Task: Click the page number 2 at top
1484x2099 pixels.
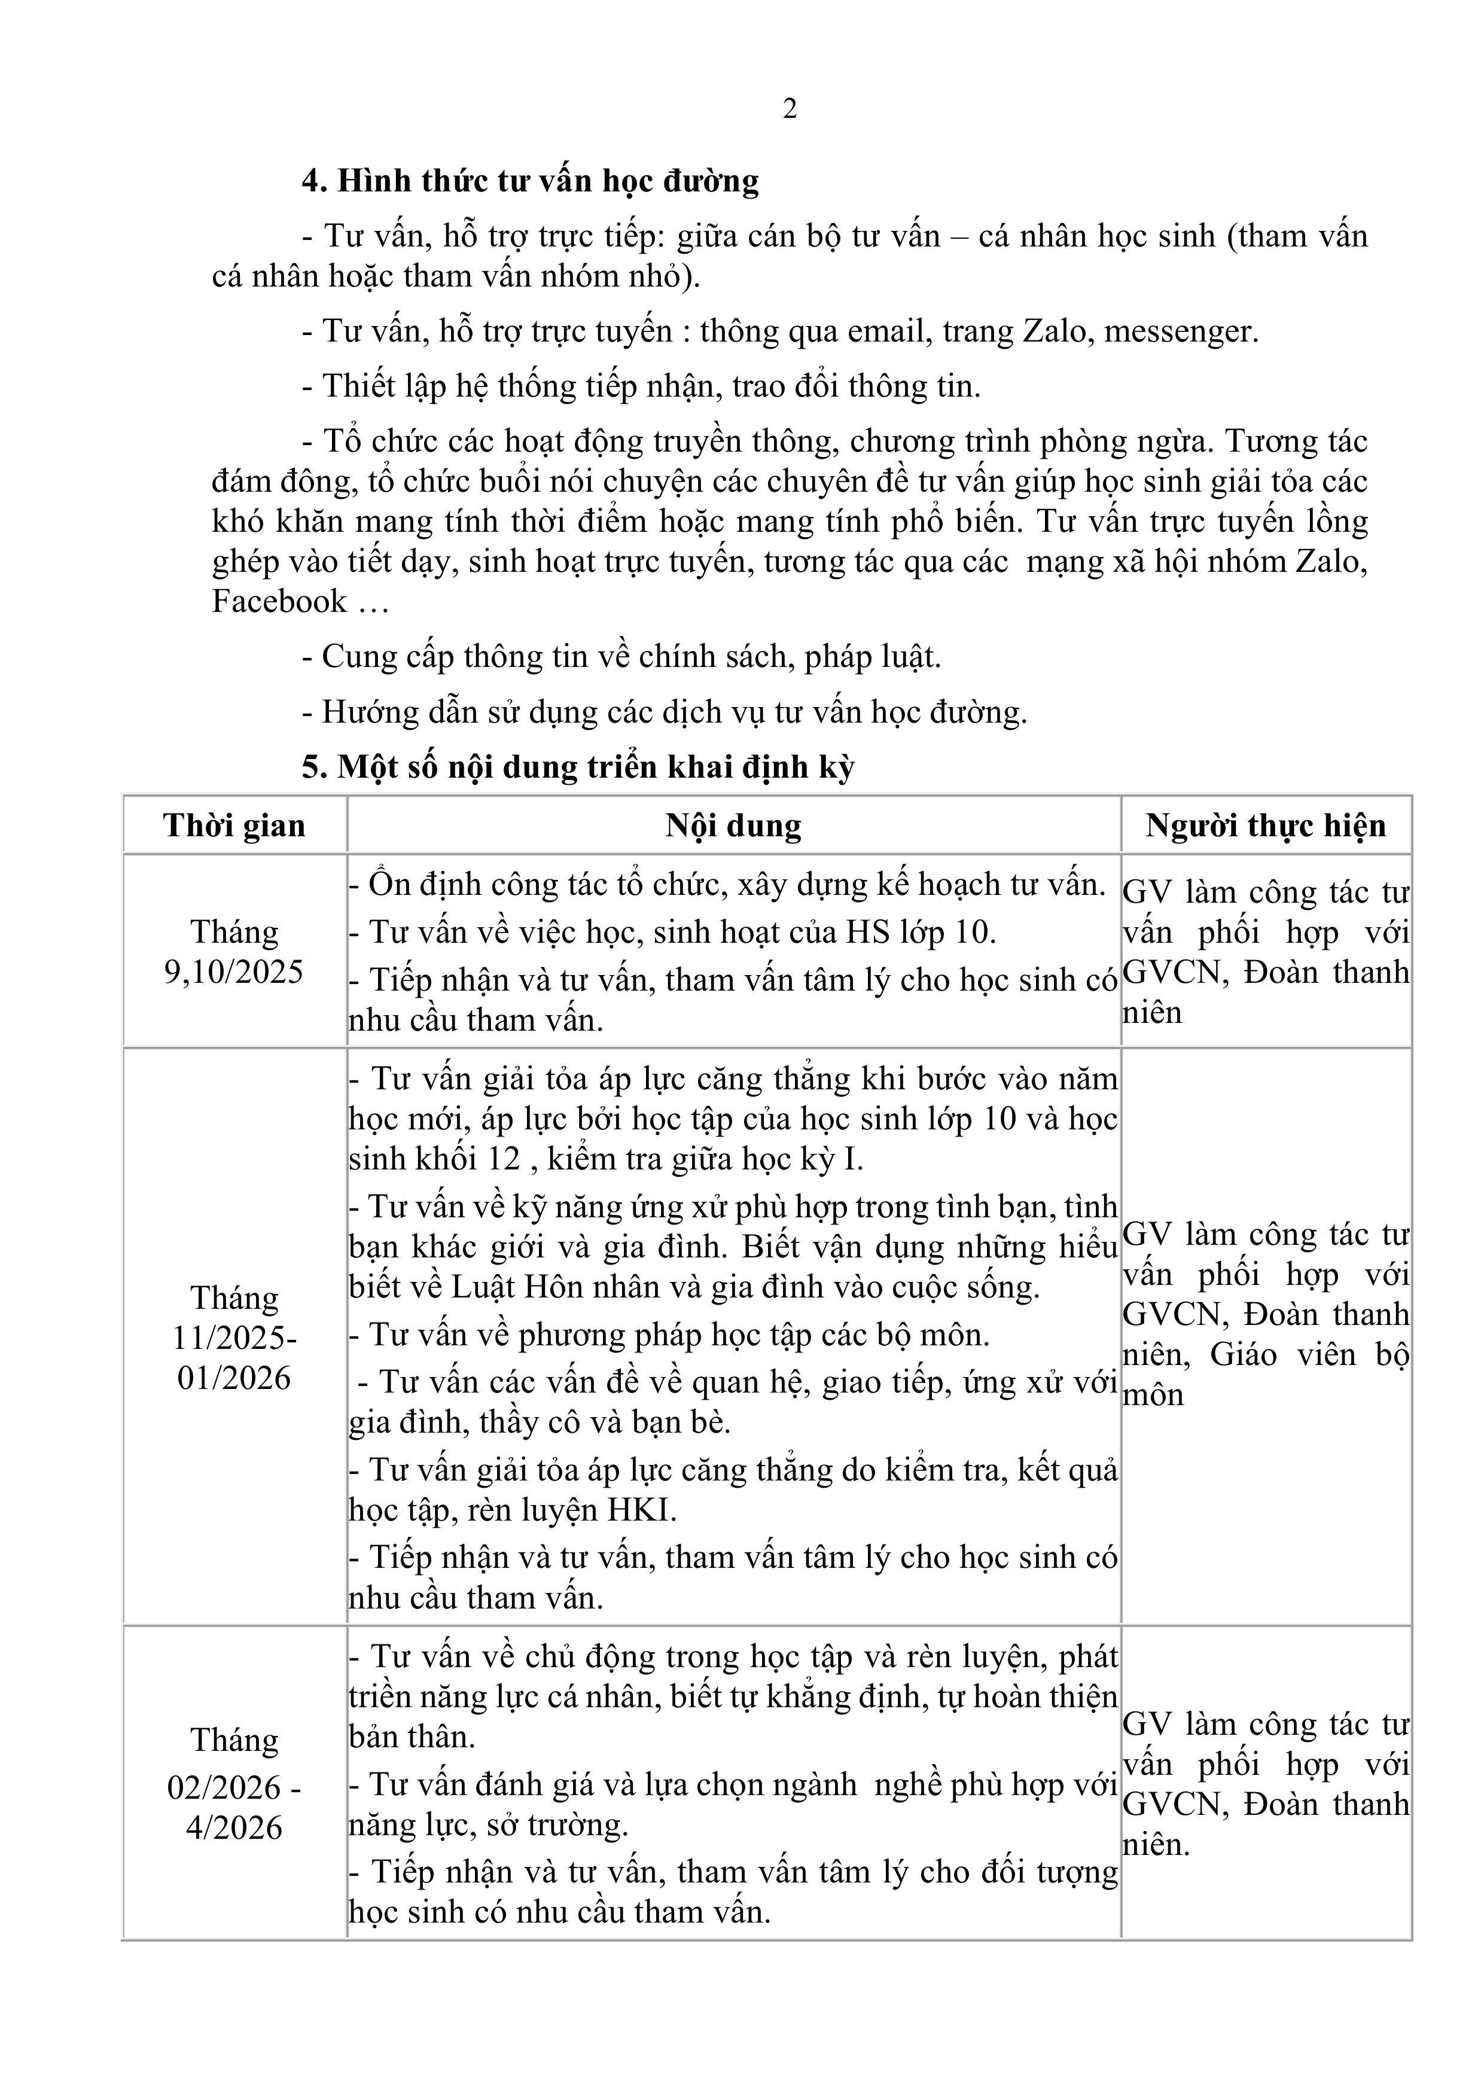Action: tap(790, 109)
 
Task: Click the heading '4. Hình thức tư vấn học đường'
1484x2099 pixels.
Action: tap(531, 181)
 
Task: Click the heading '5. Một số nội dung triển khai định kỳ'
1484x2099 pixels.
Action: tap(578, 766)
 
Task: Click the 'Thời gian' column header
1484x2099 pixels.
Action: tap(234, 825)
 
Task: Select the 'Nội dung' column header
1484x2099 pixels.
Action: tap(733, 825)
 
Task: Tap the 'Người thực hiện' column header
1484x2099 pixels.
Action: tap(1266, 825)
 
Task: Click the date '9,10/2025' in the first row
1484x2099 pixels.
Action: tap(234, 972)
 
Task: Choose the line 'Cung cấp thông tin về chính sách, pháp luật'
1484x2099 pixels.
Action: tap(631, 656)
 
